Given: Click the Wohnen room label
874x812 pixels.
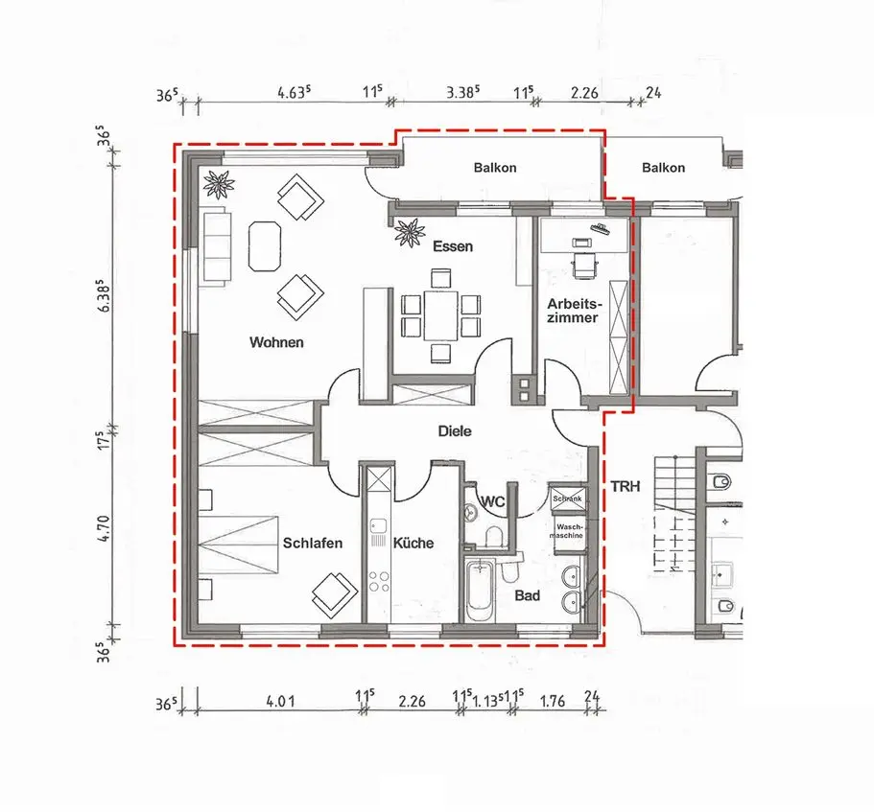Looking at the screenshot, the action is [x=276, y=342].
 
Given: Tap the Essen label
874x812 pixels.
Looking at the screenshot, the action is [x=453, y=246].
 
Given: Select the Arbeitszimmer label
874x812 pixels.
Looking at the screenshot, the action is [x=574, y=311].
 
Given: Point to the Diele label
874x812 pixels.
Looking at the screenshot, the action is [x=455, y=431].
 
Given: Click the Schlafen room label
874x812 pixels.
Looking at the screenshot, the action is [x=313, y=543].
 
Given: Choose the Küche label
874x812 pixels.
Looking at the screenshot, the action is [x=413, y=543].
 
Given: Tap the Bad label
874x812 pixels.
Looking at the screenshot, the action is [x=528, y=596].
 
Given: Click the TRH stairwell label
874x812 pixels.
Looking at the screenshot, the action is [x=626, y=487].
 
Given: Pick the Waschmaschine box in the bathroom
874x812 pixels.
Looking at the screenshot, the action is [x=569, y=535].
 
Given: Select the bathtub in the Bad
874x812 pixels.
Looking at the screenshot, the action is [x=480, y=591].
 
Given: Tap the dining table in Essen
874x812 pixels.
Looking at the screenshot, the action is [x=441, y=315].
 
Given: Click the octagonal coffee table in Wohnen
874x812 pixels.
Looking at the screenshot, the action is [x=265, y=246].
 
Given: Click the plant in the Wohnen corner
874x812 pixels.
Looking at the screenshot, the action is [x=219, y=184].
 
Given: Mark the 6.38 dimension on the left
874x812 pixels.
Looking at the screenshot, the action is [x=106, y=295].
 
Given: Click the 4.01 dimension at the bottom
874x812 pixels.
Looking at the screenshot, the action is [x=280, y=701].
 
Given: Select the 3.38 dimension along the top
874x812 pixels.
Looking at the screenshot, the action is [x=462, y=92].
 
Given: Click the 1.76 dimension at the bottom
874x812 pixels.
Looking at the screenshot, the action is [x=553, y=701].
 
